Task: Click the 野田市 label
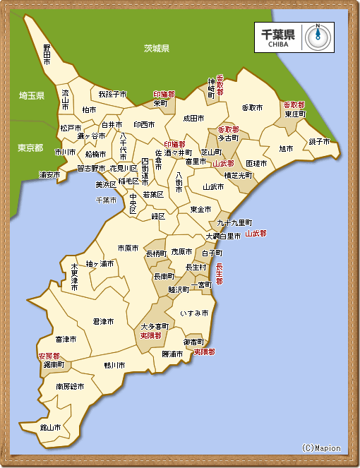47,55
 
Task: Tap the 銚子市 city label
319,141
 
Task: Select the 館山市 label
50,427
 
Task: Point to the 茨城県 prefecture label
157,49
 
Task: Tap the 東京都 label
30,148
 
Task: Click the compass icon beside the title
318,37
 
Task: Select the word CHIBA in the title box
277,44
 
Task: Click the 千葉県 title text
277,33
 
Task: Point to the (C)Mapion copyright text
320,448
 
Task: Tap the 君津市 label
104,321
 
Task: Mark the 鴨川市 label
114,365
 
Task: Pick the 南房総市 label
70,387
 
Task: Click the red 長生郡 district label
219,274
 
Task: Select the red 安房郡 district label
49,356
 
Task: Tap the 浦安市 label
49,174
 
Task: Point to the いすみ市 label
194,312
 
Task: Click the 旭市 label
286,149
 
